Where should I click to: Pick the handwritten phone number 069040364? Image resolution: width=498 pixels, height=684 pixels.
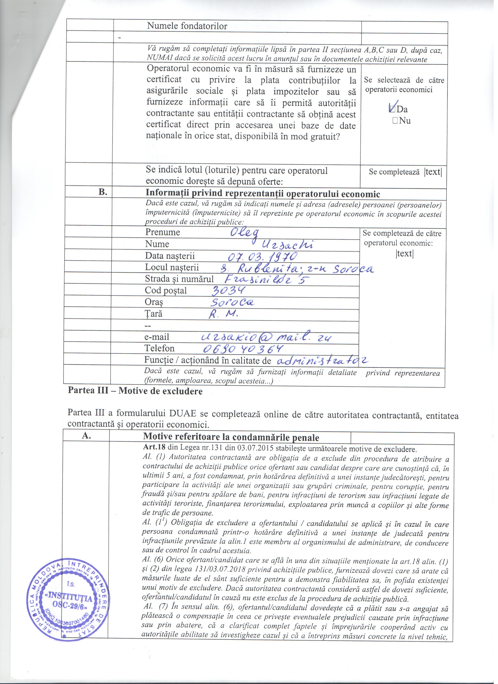pyautogui.click(x=243, y=349)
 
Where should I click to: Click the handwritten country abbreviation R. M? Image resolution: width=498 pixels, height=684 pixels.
pyautogui.click(x=224, y=314)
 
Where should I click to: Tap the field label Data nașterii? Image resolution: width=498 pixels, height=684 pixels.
pyautogui.click(x=170, y=256)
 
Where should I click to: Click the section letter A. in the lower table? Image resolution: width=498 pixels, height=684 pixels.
pyautogui.click(x=87, y=436)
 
